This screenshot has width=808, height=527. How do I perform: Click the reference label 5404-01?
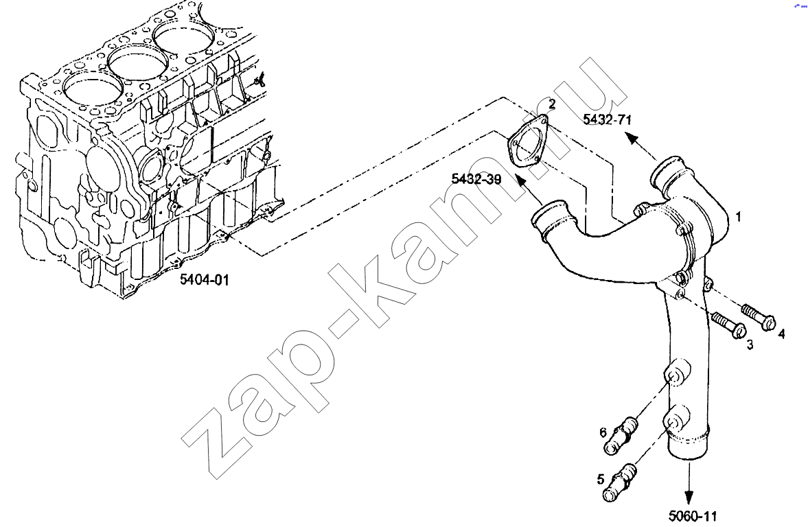(x=204, y=280)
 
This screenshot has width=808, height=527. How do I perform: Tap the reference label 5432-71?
(x=607, y=120)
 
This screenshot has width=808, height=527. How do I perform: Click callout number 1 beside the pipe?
(x=738, y=217)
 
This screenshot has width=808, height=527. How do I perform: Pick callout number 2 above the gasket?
(x=553, y=104)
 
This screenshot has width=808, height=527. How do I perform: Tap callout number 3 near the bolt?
(x=750, y=344)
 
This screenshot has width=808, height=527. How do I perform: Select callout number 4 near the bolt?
(x=782, y=333)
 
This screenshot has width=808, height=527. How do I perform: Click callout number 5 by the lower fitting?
(x=600, y=480)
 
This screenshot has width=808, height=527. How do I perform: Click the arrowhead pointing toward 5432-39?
(x=521, y=183)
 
